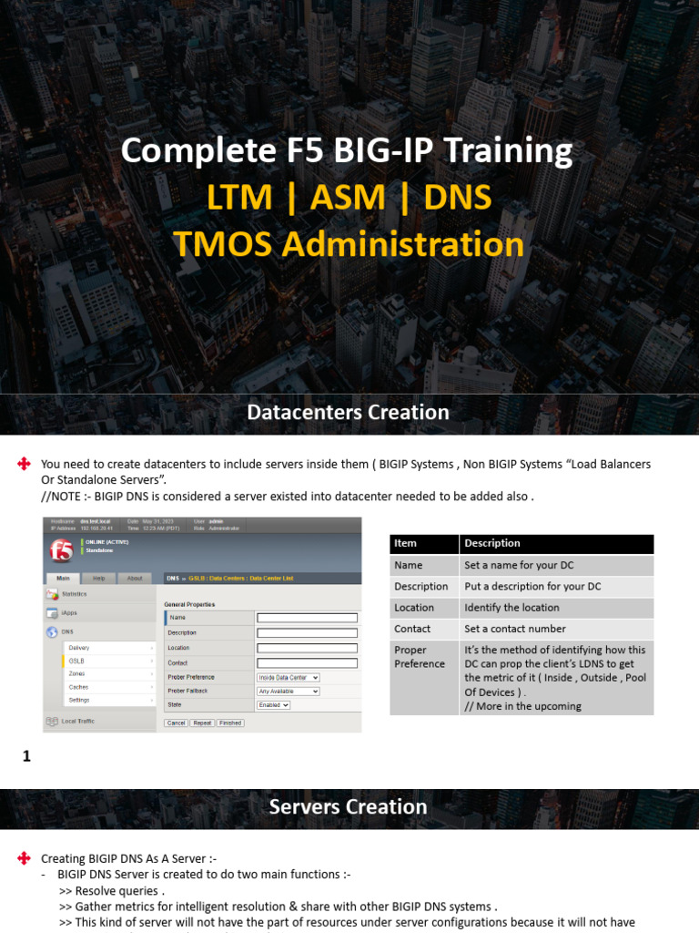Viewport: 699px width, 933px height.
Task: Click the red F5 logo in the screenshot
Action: (62, 551)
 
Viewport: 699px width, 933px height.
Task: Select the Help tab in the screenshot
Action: (99, 578)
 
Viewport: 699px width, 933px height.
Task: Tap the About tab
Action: (135, 578)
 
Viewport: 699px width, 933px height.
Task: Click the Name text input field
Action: (307, 617)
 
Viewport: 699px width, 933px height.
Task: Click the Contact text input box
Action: (307, 663)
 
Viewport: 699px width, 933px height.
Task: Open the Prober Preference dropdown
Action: (289, 677)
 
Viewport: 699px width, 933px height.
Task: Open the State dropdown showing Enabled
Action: (273, 704)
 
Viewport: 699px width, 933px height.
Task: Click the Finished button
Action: (230, 723)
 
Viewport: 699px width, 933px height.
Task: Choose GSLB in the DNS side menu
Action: (76, 661)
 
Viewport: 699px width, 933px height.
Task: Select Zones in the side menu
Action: (77, 673)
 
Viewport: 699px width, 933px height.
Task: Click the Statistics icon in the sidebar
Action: (53, 594)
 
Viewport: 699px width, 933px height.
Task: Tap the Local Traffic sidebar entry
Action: (77, 721)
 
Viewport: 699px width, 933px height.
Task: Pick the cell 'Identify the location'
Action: (512, 608)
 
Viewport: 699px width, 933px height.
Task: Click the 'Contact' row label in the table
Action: (412, 629)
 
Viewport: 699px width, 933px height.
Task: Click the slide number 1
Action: (26, 755)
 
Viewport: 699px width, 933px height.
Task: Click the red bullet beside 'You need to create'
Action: (25, 465)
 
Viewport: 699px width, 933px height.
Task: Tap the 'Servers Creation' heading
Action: (349, 807)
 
